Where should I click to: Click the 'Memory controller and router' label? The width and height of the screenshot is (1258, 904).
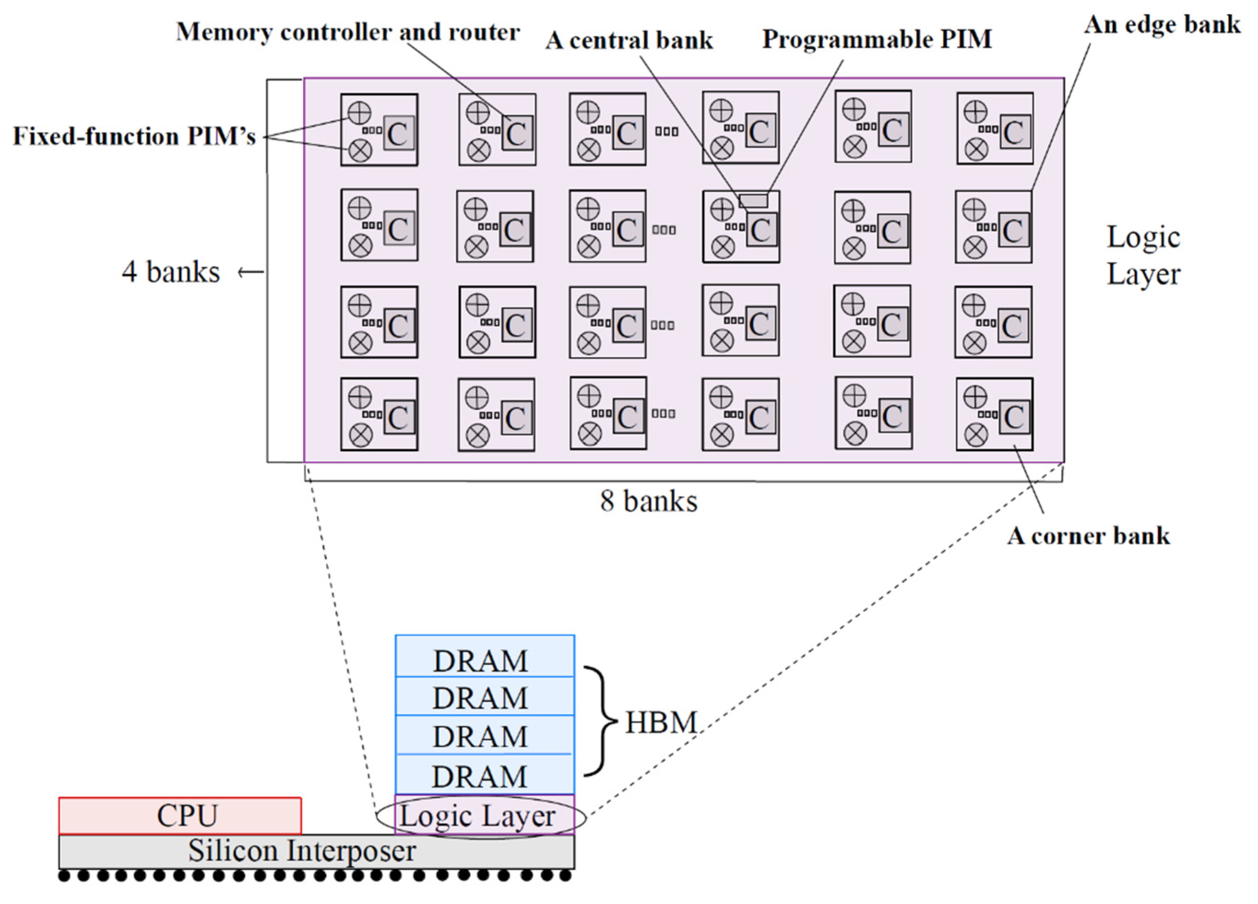(348, 32)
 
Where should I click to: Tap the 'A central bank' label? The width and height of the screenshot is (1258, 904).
(628, 41)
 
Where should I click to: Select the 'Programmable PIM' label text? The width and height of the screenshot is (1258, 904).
(876, 39)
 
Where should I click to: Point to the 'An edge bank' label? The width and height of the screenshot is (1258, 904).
(1162, 24)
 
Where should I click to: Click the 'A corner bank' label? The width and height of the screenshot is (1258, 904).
(1088, 536)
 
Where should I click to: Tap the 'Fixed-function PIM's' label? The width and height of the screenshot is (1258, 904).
(134, 136)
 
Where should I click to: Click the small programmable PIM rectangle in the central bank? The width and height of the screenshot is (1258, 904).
(753, 200)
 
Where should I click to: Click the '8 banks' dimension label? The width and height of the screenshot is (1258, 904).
(649, 502)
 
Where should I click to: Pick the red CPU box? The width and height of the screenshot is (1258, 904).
(180, 816)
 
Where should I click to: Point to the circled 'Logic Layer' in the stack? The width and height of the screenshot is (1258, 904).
(480, 816)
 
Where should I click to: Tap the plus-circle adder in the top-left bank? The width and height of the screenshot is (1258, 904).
(360, 112)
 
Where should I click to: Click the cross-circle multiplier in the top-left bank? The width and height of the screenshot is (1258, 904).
(360, 150)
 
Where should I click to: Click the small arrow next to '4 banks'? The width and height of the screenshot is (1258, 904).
(251, 272)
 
